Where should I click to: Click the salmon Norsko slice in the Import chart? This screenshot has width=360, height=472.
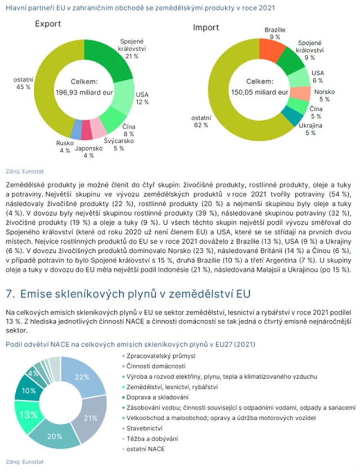point(302,93)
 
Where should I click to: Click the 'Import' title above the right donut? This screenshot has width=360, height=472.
point(206,28)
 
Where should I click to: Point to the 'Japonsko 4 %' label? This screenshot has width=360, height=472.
point(89,152)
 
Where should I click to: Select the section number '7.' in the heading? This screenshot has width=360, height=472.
point(10,293)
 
